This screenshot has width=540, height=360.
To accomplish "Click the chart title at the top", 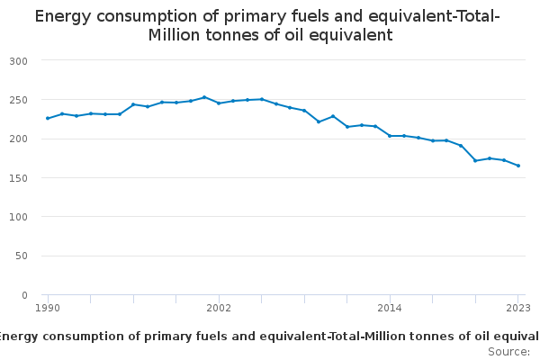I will click(x=267, y=26).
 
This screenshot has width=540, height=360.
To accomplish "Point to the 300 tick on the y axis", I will click(x=19, y=60).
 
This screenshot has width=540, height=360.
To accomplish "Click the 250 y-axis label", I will click(x=19, y=100).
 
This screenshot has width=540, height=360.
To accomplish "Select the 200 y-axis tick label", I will click(x=19, y=139).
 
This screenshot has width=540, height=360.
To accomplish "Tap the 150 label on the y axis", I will click(x=19, y=178).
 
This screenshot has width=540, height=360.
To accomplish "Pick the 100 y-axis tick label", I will click(x=19, y=217).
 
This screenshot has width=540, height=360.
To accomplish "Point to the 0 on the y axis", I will click(x=24, y=295).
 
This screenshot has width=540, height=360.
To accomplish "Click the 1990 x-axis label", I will click(x=48, y=308).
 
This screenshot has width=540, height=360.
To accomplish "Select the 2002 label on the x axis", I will click(x=219, y=308).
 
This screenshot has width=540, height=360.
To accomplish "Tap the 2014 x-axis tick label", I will click(x=390, y=308).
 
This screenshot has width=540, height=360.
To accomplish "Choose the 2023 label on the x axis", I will click(x=517, y=308).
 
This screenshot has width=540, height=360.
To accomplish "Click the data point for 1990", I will click(x=48, y=118).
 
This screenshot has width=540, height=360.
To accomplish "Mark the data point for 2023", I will click(x=518, y=166).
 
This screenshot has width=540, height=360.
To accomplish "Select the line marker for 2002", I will click(x=219, y=103).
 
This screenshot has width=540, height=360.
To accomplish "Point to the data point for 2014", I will click(x=390, y=136).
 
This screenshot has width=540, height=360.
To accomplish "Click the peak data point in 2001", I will click(x=204, y=97).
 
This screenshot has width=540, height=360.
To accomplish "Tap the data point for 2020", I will click(x=475, y=161).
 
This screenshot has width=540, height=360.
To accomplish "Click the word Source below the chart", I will click(x=508, y=351).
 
